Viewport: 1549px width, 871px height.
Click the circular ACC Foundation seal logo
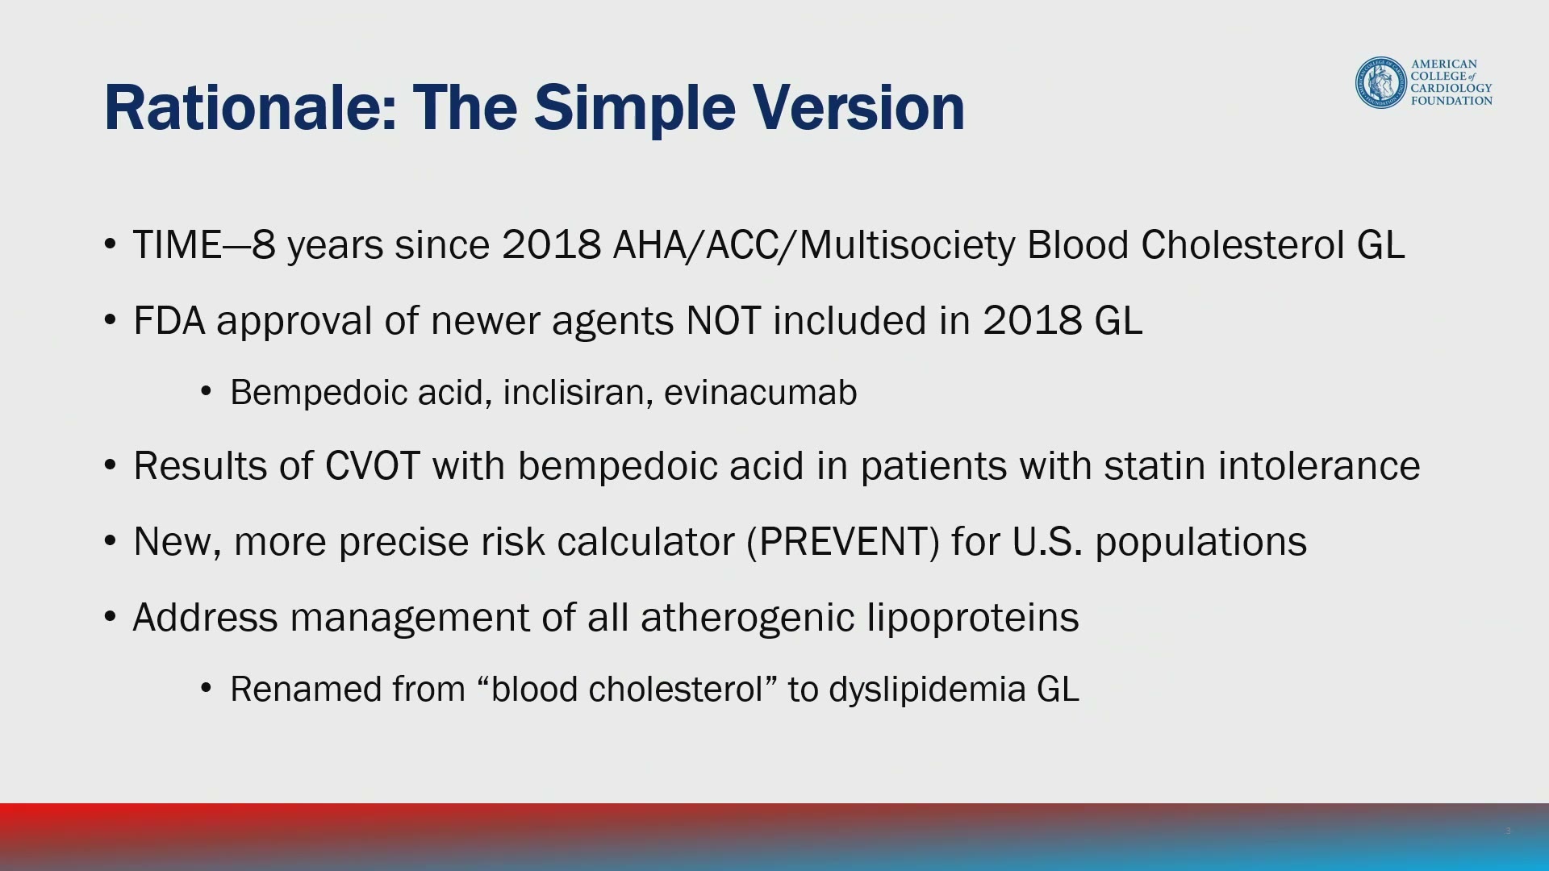pos(1381,82)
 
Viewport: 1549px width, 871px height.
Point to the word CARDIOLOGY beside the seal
pos(1451,88)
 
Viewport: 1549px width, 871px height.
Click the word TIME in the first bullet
pos(177,244)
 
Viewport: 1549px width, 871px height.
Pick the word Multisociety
pos(908,245)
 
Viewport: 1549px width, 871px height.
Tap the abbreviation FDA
pos(169,320)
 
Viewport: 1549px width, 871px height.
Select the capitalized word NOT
pos(723,320)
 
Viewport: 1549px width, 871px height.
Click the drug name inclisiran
pos(578,392)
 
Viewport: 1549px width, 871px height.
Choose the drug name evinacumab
pos(761,392)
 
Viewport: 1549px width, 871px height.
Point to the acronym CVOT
pos(372,465)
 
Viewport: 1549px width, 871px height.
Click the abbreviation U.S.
pos(1047,541)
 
